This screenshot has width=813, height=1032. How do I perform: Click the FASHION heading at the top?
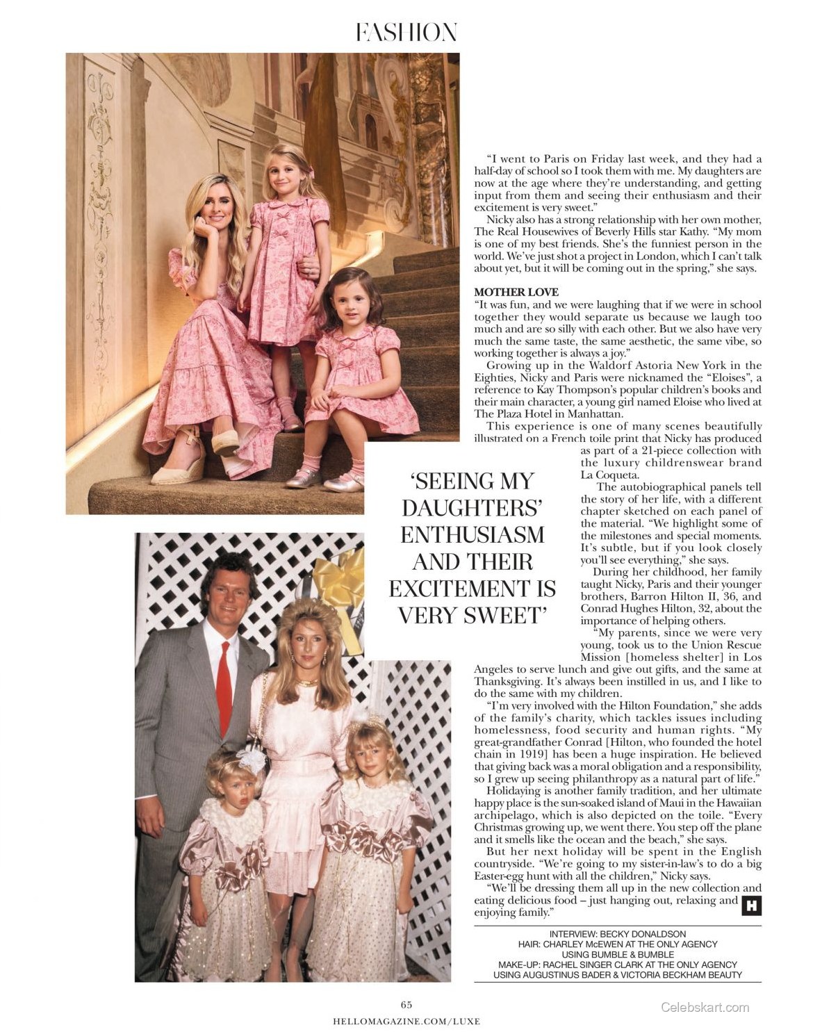coord(406,33)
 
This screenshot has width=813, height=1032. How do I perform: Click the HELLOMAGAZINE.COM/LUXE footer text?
coord(406,1021)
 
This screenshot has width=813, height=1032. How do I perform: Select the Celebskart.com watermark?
coord(705,1007)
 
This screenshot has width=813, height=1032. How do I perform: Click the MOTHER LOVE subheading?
coord(516,292)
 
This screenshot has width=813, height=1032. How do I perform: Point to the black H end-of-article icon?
coord(751,906)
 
